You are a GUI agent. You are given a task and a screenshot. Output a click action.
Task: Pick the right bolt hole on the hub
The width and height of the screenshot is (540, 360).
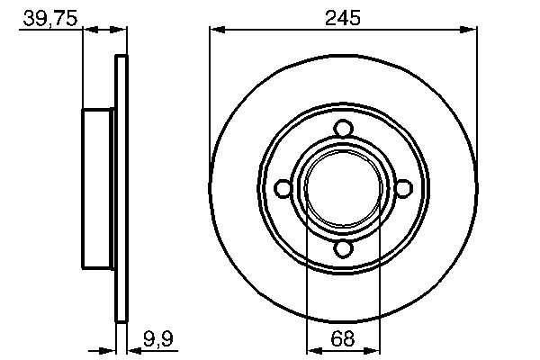[402, 188]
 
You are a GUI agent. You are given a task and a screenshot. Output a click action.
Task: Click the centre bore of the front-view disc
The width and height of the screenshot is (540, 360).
[343, 188]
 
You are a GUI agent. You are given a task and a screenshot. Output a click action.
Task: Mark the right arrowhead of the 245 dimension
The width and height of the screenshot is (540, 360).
[470, 30]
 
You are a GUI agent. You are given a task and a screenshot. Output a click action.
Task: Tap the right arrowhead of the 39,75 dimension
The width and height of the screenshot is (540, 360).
[120, 30]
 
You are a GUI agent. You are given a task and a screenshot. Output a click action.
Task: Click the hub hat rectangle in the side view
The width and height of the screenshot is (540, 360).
[100, 188]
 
